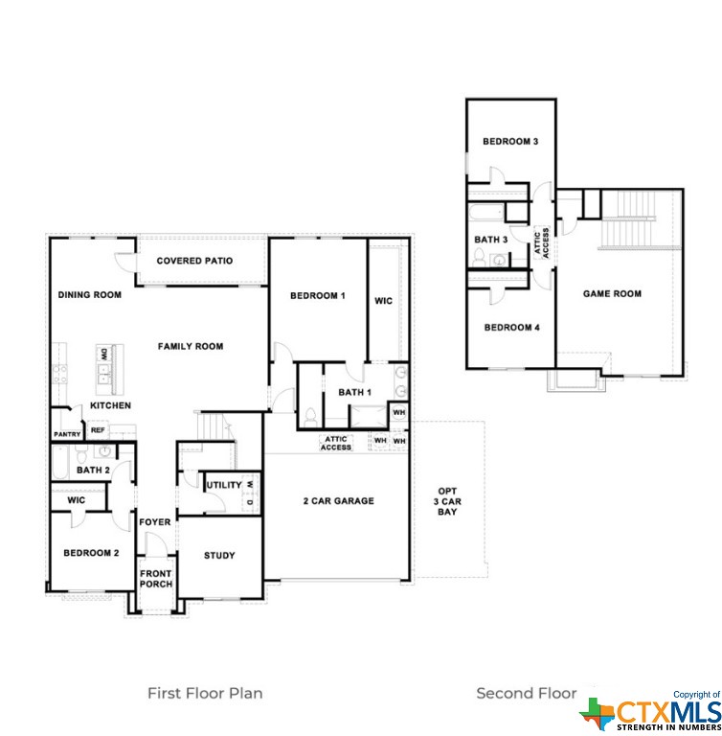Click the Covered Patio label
coord(194,261)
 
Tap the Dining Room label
coord(90,295)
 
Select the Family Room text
coord(191,346)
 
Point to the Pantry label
coord(67,435)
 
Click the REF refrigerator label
coord(98,430)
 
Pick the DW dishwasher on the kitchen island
coord(103,354)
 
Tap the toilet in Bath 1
coord(310,417)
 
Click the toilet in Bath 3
coord(479,257)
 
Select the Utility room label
coord(224,485)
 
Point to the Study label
coord(219,556)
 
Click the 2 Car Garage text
coord(339,501)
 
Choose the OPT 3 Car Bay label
coord(447,501)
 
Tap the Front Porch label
coord(156,579)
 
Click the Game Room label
coord(612,294)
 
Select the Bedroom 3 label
coord(510,141)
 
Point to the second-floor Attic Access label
coord(541,243)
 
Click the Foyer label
coord(155,522)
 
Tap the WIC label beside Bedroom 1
coord(383,301)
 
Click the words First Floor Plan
coord(205,693)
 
